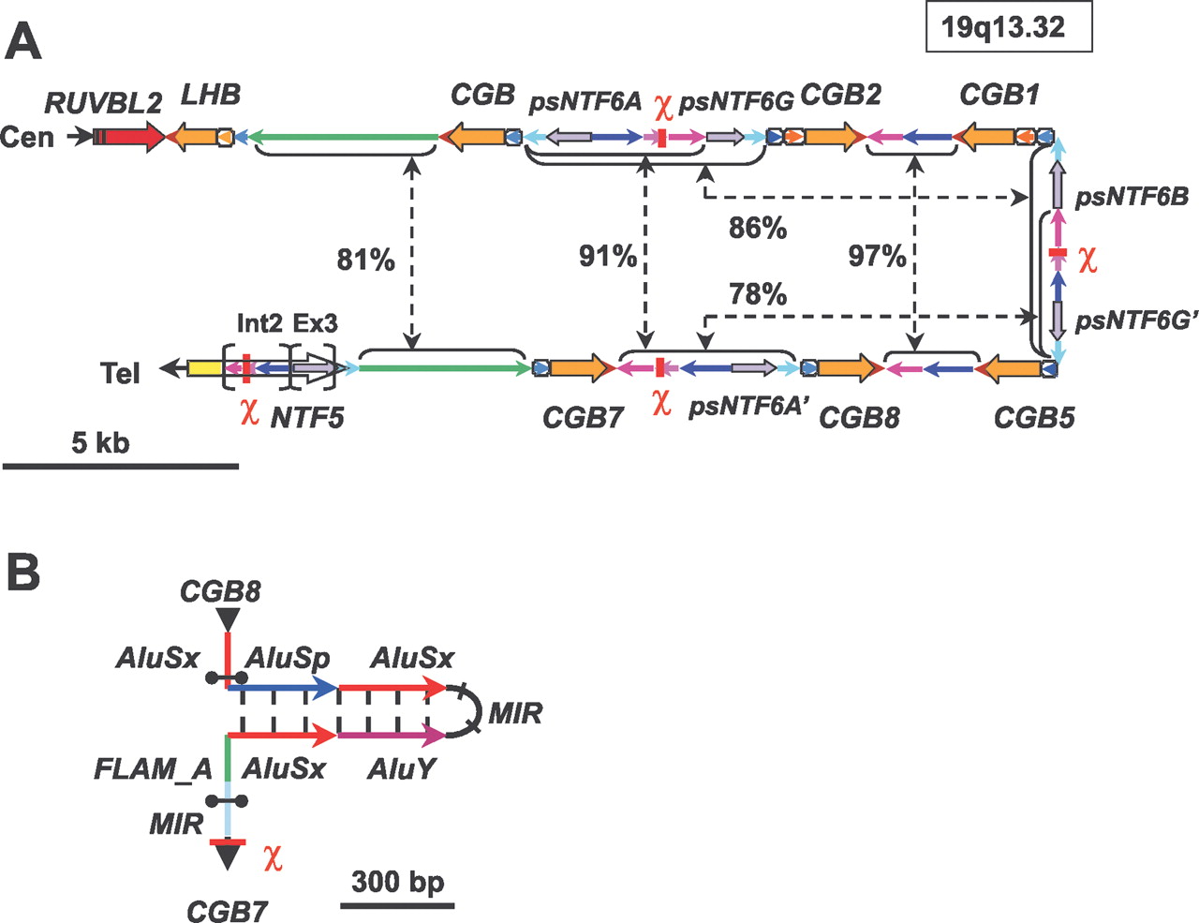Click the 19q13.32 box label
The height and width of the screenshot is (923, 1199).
[1008, 27]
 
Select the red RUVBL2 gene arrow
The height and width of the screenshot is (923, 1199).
[130, 137]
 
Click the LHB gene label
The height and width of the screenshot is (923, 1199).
[211, 95]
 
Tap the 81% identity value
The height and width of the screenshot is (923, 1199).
[365, 260]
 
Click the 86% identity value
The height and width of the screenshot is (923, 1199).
[757, 228]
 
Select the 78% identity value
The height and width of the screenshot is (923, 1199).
[757, 294]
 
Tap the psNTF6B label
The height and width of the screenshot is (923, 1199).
[1132, 197]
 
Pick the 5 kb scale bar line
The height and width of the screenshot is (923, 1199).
[120, 465]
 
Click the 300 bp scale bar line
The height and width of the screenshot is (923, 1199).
[397, 905]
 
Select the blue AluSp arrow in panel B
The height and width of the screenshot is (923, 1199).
[282, 689]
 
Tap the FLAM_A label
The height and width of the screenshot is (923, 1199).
[153, 769]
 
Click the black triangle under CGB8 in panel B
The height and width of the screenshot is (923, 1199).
[227, 619]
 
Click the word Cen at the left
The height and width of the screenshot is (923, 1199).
[27, 137]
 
